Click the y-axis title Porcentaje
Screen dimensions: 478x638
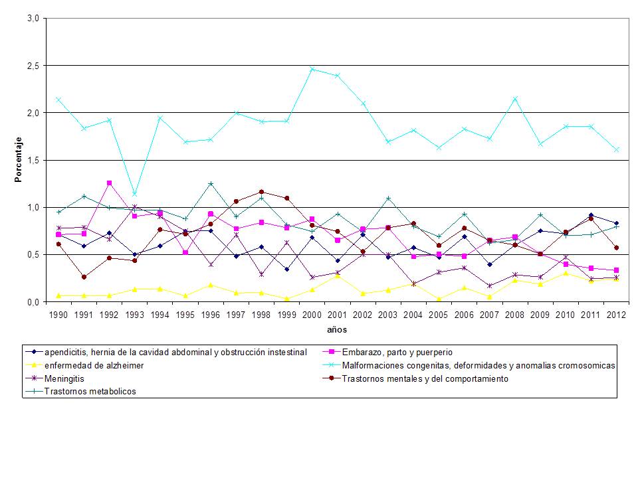[19, 159]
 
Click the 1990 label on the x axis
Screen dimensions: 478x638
[58, 315]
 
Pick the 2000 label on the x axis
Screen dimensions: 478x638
[311, 315]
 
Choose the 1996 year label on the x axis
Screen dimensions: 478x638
[210, 315]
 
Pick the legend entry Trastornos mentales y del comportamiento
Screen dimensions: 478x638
[425, 378]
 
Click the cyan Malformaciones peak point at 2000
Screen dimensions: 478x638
[311, 69]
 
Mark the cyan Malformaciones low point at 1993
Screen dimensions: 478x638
[134, 195]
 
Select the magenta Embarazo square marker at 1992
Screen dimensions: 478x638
[109, 183]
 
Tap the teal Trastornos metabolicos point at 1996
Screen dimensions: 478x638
[210, 183]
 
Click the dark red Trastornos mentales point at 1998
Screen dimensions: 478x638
[261, 192]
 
